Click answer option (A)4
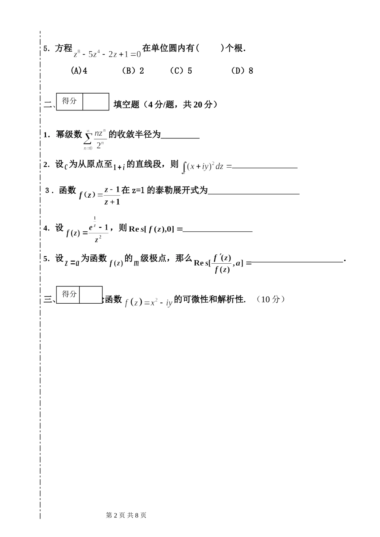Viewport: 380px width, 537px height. click(x=79, y=71)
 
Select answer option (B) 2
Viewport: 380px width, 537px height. click(x=133, y=71)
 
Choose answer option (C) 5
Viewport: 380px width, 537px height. click(x=181, y=71)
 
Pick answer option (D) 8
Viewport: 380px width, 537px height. click(x=242, y=71)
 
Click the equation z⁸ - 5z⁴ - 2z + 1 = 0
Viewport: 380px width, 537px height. click(x=107, y=54)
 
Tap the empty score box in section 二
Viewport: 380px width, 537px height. click(x=96, y=102)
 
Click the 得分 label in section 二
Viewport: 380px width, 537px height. click(x=70, y=101)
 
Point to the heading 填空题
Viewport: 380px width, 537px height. click(x=126, y=105)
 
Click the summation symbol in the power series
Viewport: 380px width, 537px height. click(x=88, y=138)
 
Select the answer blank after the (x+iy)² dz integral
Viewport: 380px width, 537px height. click(x=265, y=167)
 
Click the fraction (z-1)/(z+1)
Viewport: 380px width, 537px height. click(x=112, y=196)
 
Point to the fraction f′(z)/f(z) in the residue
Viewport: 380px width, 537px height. click(x=222, y=263)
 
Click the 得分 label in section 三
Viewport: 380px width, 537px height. click(x=69, y=294)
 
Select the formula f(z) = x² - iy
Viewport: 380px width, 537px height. click(x=148, y=303)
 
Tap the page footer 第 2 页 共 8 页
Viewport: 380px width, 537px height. click(x=126, y=515)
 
